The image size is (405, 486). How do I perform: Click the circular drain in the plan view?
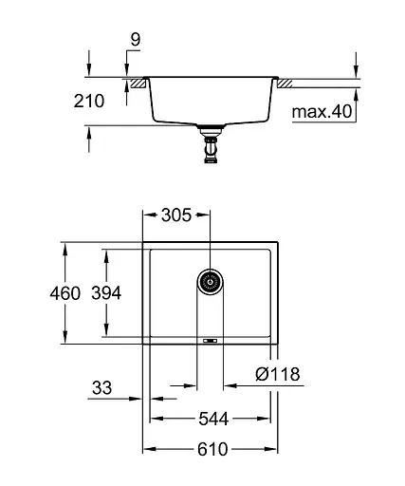(x=211, y=281)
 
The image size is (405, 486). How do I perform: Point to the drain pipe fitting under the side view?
(x=211, y=148)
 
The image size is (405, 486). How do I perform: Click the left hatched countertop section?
(x=138, y=84)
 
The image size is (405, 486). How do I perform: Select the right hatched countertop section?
(x=282, y=84)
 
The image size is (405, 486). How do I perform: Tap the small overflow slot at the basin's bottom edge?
(x=210, y=339)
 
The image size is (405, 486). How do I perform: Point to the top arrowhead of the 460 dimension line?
(x=64, y=246)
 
